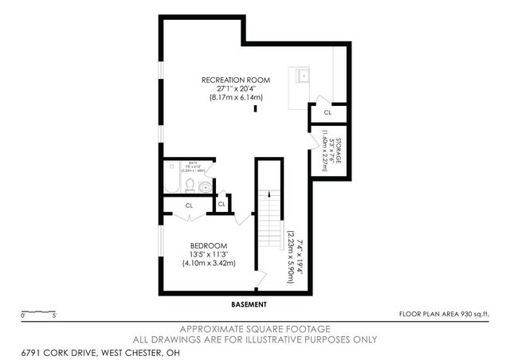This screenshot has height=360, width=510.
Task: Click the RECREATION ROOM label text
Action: (x=235, y=80)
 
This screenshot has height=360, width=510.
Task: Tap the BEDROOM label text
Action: (x=209, y=245)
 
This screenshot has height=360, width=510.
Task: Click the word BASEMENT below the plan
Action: (x=249, y=305)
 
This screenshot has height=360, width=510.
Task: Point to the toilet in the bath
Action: (x=189, y=186)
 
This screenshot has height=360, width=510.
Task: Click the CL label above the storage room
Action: (x=328, y=113)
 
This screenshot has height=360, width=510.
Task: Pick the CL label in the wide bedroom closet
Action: (x=190, y=205)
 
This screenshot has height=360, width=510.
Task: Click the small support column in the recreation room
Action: (x=255, y=109)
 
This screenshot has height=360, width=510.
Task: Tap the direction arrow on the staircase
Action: (x=269, y=194)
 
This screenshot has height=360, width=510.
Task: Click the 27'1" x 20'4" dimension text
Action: (x=235, y=88)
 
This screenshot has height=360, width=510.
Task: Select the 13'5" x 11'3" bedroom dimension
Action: (x=209, y=254)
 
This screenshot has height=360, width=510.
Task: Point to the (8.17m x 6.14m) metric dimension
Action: (x=236, y=97)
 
